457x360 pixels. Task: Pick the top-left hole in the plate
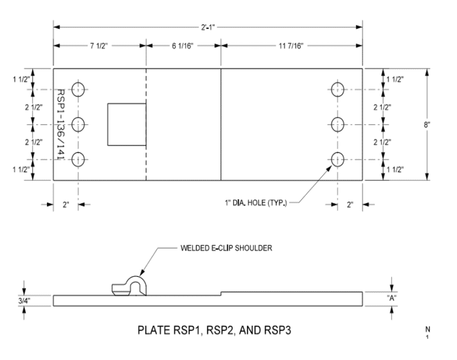78,89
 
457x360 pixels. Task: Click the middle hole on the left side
78,124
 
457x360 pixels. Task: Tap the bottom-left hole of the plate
78,160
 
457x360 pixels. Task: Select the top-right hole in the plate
338,89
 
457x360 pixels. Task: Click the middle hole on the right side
338,124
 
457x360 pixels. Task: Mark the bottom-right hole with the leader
338,160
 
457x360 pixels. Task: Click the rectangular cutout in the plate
127,125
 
